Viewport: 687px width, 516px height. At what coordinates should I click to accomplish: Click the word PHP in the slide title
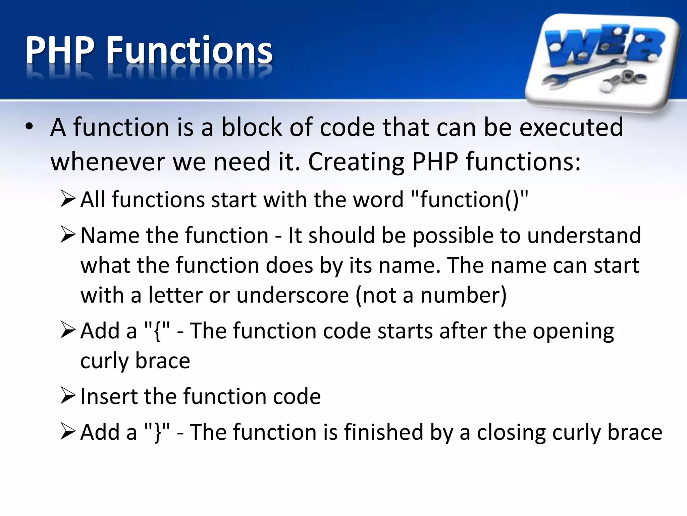click(x=60, y=50)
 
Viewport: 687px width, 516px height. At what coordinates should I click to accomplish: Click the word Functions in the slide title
click(x=190, y=50)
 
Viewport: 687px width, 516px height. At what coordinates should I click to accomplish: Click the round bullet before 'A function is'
click(x=29, y=127)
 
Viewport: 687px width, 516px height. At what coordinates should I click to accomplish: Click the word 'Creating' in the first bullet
click(x=356, y=162)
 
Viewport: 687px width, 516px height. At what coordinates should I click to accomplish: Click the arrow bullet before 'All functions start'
click(x=68, y=199)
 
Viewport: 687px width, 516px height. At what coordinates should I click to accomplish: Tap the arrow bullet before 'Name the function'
click(x=68, y=235)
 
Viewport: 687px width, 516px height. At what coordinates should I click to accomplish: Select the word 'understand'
click(x=584, y=235)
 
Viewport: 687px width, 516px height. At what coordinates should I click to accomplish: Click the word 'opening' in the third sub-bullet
click(x=573, y=332)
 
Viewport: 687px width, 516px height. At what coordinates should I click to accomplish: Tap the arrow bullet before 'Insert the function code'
click(x=68, y=395)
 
